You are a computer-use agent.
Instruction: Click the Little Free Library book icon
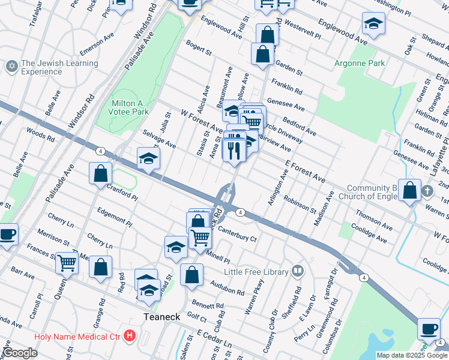click(297, 271)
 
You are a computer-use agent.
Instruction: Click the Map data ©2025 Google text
click(411, 355)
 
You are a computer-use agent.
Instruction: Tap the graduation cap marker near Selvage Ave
click(148, 158)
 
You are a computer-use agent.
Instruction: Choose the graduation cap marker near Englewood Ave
click(374, 23)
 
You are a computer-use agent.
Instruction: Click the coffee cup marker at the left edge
click(7, 233)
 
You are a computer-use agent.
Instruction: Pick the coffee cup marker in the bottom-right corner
click(429, 328)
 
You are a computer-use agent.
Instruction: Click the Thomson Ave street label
click(374, 220)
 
